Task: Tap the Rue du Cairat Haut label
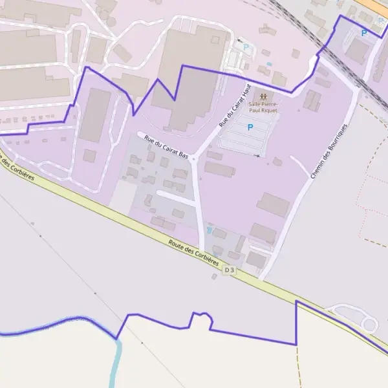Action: pyautogui.click(x=234, y=105)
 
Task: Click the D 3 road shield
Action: pyautogui.click(x=230, y=270)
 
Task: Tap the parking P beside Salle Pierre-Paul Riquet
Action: pyautogui.click(x=250, y=128)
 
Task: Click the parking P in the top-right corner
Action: pyautogui.click(x=364, y=33)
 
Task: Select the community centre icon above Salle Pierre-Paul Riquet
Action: pyautogui.click(x=263, y=96)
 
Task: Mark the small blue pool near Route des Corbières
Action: pyautogui.click(x=208, y=229)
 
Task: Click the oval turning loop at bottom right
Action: pyautogui.click(x=369, y=324)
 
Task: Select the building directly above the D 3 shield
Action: pyautogui.click(x=257, y=260)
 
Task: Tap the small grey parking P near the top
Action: pyautogui.click(x=246, y=47)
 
